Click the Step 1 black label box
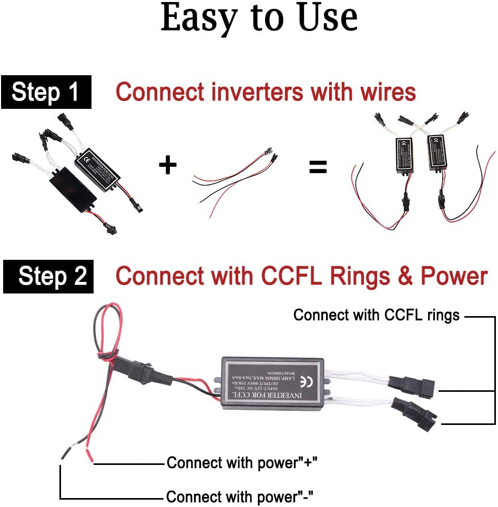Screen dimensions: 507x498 [46, 92]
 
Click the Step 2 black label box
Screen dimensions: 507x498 [49, 276]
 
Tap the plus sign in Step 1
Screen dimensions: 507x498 [168, 166]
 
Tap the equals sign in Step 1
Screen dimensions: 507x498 [318, 168]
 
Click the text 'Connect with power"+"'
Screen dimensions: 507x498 [242, 463]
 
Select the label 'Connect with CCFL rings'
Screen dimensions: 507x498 [377, 315]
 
